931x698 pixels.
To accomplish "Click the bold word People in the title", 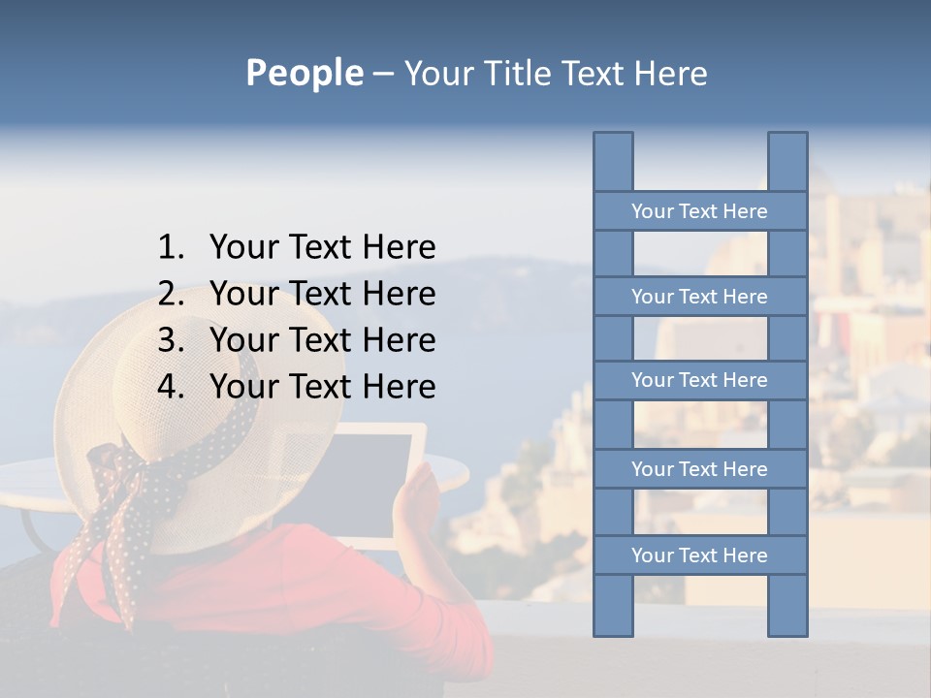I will (x=304, y=73).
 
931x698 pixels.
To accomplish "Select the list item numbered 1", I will (x=297, y=247).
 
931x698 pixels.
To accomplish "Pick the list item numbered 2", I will (x=297, y=294).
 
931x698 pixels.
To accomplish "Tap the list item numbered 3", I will (x=297, y=340).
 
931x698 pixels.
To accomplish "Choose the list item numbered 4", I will (x=297, y=387).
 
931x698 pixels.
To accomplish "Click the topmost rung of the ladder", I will (x=699, y=211).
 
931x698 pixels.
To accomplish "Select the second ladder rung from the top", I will (x=699, y=297).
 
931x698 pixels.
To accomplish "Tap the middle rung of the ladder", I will (x=699, y=380).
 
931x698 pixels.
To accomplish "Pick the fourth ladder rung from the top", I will (x=699, y=469).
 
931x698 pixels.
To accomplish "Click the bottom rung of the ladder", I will (x=699, y=555).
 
